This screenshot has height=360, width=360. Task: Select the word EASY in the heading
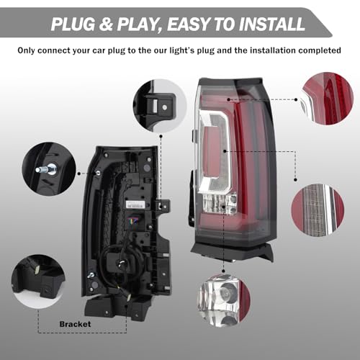tap(182, 24)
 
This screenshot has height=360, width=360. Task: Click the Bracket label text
tap(76, 325)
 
